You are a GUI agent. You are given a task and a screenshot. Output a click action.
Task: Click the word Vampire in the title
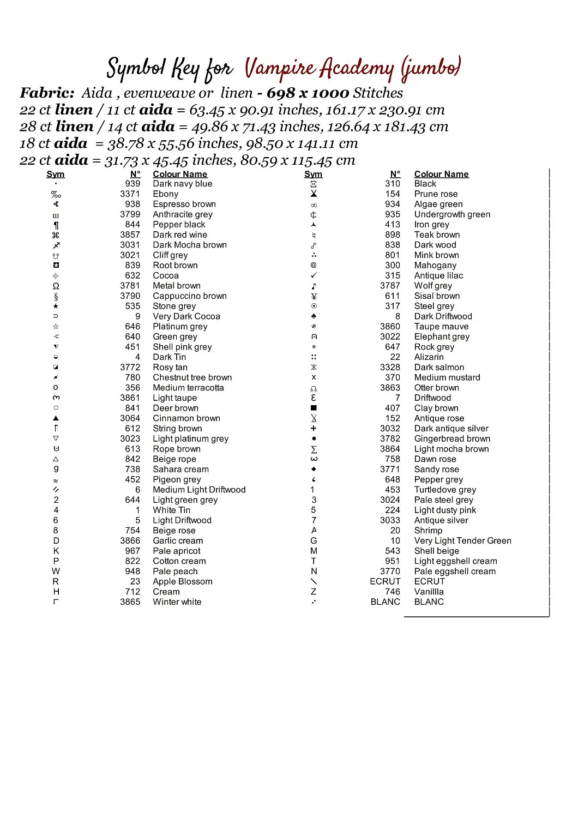[x=280, y=69]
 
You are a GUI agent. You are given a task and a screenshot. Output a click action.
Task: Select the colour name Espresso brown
[x=184, y=204]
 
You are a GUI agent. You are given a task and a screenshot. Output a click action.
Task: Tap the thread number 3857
[x=130, y=234]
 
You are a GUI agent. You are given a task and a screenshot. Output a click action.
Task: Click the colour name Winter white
[x=177, y=602]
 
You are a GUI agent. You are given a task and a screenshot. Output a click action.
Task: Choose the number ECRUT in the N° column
[x=385, y=581]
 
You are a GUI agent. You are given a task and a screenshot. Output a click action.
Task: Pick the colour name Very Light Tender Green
[x=462, y=540]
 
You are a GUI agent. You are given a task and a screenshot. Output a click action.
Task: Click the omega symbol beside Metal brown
[x=56, y=286]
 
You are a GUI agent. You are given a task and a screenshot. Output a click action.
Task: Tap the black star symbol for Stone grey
[x=56, y=306]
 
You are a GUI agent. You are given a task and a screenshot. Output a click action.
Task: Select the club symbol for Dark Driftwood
[x=314, y=316]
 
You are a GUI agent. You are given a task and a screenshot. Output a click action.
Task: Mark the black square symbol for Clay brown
[x=314, y=408]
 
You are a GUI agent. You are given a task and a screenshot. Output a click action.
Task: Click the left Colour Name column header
[x=180, y=174]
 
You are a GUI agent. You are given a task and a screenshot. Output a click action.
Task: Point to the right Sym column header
[x=313, y=174]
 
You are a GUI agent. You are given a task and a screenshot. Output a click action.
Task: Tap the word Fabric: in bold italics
[x=47, y=93]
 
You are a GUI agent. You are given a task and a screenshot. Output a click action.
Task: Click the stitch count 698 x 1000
[x=308, y=93]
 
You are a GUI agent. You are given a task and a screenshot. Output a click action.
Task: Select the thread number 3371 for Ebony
[x=130, y=194]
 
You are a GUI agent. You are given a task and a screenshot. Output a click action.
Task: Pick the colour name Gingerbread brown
[x=452, y=438]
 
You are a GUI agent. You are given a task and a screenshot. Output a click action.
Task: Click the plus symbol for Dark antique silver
[x=314, y=429]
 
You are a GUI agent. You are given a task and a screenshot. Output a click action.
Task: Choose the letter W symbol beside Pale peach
[x=56, y=571]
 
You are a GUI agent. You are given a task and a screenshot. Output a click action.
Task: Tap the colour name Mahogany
[x=435, y=265]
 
